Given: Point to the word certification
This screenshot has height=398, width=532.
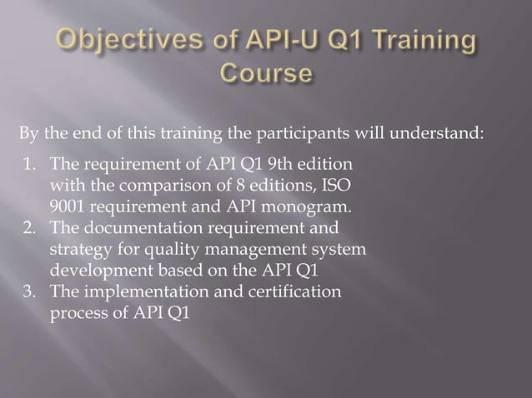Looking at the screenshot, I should click(x=291, y=292).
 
